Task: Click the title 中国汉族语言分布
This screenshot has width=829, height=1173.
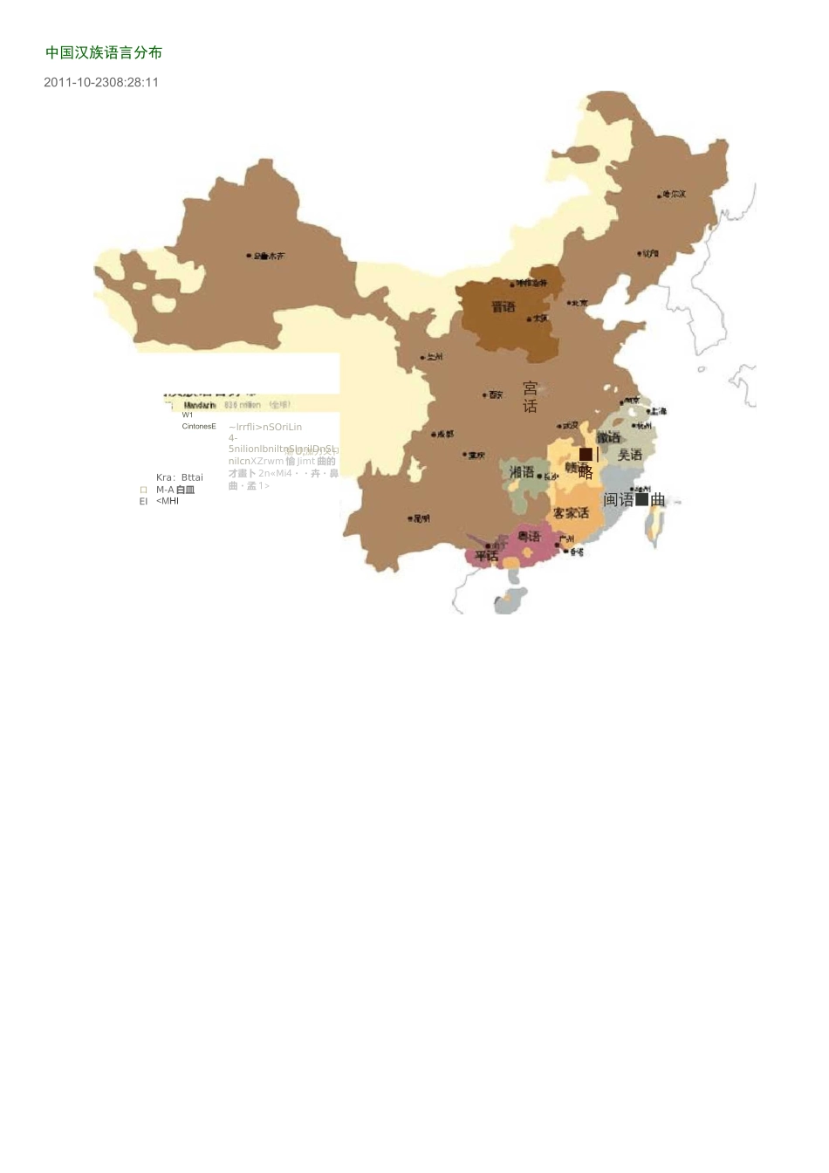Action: tap(104, 52)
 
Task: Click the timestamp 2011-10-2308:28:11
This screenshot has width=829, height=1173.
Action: tap(101, 82)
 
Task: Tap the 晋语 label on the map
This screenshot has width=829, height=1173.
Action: tap(504, 307)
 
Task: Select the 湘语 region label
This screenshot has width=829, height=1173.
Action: tap(522, 472)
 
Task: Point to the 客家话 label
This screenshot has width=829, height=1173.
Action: tap(571, 513)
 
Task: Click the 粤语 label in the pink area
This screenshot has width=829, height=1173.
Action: tap(529, 536)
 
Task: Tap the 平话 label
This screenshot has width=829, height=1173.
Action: tap(486, 556)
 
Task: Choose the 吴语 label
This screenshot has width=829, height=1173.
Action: tap(630, 455)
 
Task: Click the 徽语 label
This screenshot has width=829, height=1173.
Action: tap(608, 437)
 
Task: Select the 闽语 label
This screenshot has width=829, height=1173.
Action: tap(619, 500)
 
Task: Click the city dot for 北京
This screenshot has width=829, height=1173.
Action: tap(569, 303)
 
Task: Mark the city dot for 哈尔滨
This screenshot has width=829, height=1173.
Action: tap(660, 195)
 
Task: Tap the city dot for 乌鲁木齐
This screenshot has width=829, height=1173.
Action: tap(249, 257)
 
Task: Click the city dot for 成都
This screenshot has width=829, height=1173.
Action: tap(434, 435)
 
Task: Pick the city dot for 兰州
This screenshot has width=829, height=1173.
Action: tap(423, 357)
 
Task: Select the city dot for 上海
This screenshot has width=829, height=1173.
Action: tap(649, 411)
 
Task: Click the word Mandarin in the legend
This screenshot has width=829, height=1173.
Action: tap(200, 406)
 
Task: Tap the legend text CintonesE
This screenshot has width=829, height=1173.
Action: tap(199, 427)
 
